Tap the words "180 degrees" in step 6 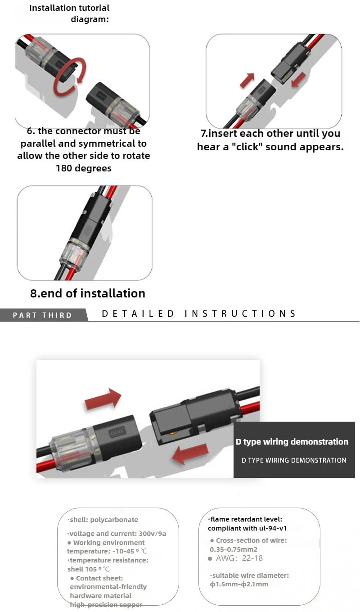coord(84,168)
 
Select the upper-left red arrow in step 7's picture coord(247,80)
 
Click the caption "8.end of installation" coord(88,293)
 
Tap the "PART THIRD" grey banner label coord(43,315)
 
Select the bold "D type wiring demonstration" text coord(292,442)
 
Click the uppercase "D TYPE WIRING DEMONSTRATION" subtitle coord(294,460)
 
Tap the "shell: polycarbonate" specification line coord(103,520)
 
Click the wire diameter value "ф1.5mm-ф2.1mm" coord(239,584)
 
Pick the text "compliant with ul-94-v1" coord(247,528)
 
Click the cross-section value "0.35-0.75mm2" coord(234,549)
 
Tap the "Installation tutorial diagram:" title coord(70,13)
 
